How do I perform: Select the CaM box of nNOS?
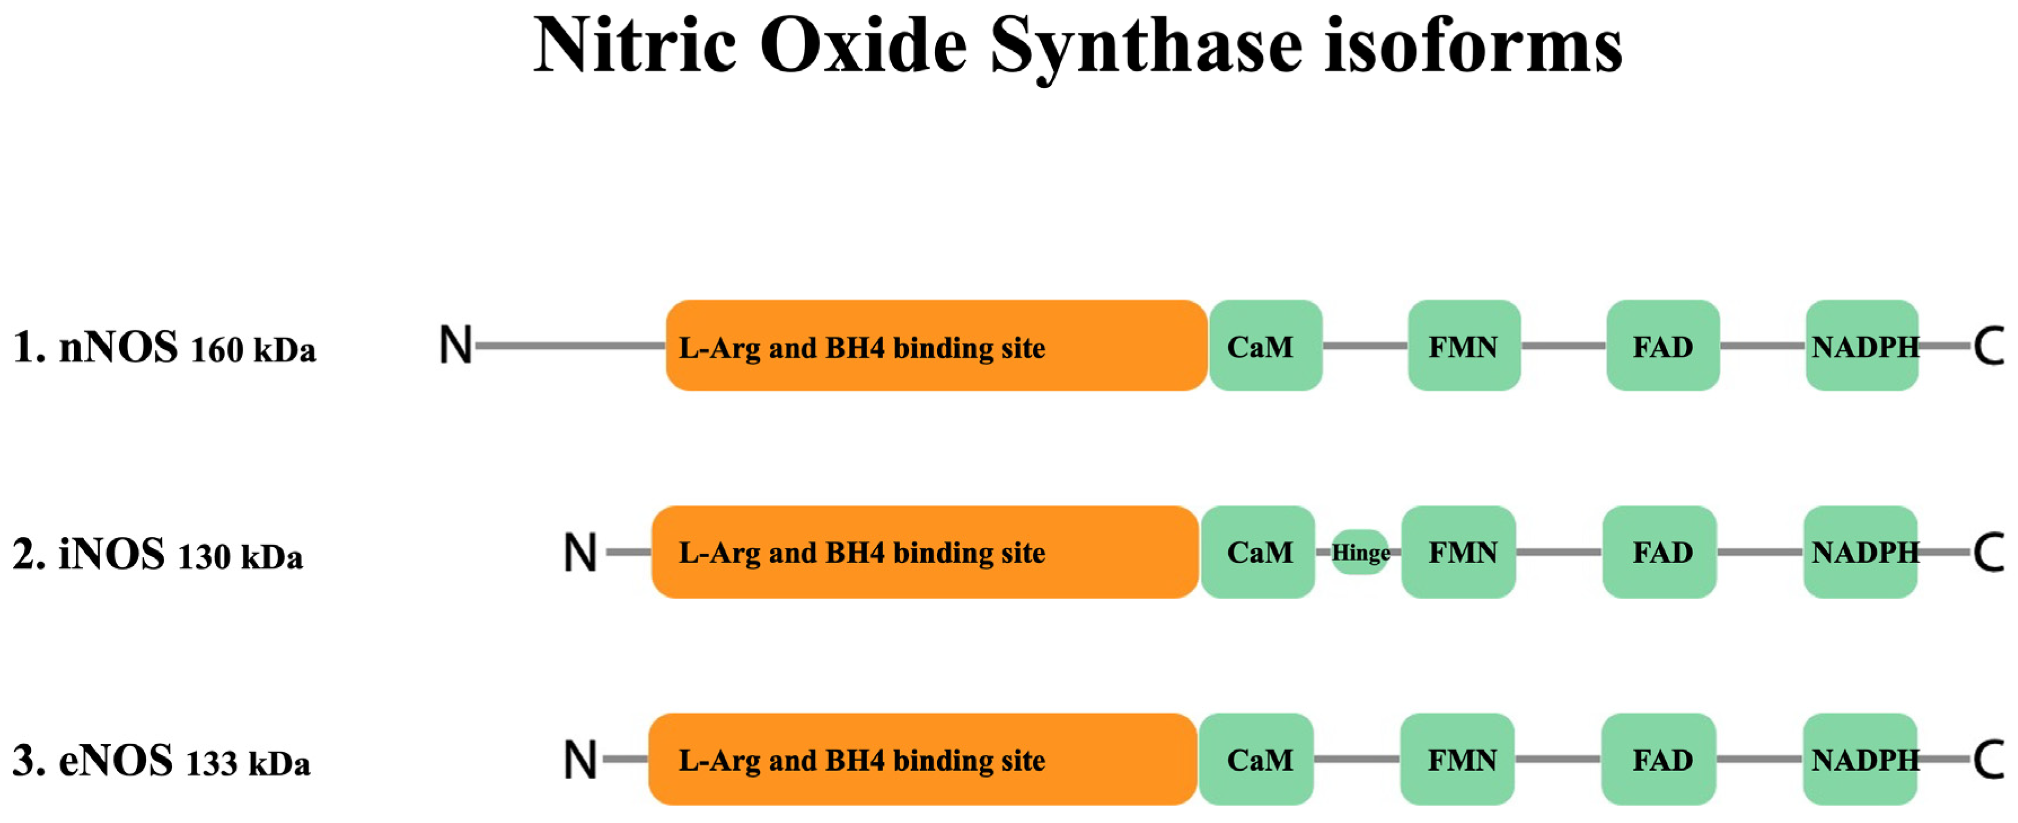tap(1265, 345)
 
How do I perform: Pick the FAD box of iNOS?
tap(1659, 552)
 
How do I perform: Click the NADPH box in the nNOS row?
tap(1861, 345)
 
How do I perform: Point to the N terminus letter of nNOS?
tap(455, 345)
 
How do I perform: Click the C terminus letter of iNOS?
tap(1988, 553)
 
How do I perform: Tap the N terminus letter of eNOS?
tap(580, 760)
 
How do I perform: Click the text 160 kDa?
tap(252, 350)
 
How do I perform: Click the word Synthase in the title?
tap(1145, 47)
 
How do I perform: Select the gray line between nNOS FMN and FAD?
tap(1563, 345)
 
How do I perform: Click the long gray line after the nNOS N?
tap(570, 345)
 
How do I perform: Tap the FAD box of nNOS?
tap(1662, 345)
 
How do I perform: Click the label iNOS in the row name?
tap(112, 554)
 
